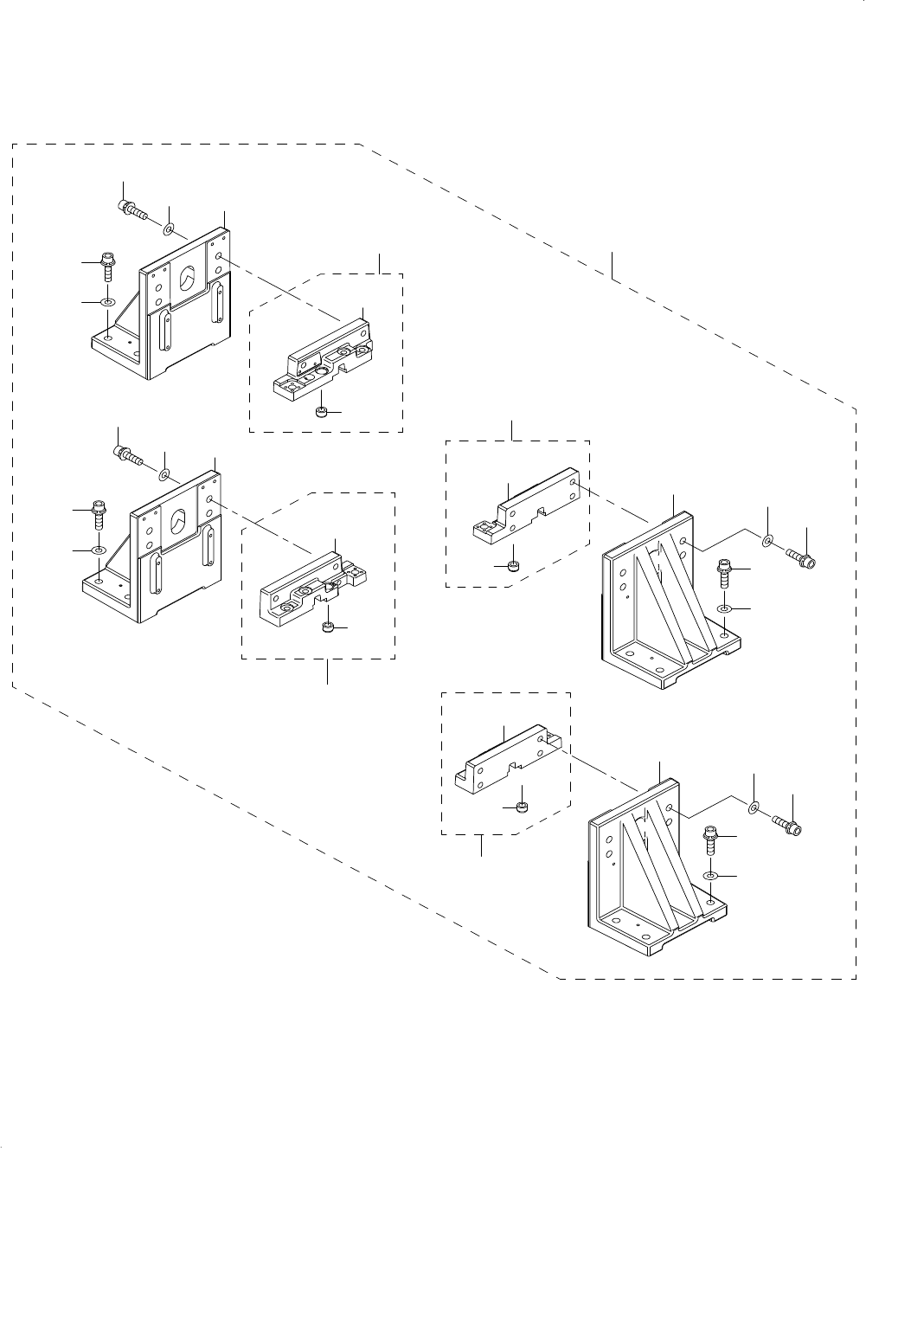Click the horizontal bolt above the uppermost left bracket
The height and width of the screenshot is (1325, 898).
click(x=131, y=209)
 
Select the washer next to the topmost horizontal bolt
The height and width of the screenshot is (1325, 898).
click(x=169, y=228)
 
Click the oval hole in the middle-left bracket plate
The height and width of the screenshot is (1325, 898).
click(x=178, y=522)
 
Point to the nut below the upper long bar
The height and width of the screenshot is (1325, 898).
click(x=512, y=566)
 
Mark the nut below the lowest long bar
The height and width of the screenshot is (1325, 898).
click(x=523, y=807)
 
